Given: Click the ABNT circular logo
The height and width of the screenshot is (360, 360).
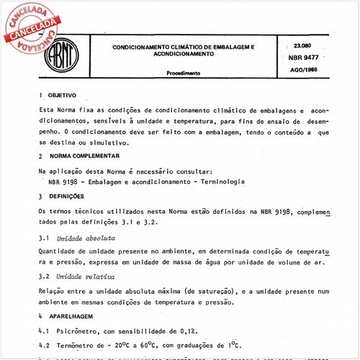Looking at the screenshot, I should pyautogui.click(x=66, y=53).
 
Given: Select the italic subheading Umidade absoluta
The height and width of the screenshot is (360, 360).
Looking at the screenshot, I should pyautogui.click(x=83, y=237).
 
